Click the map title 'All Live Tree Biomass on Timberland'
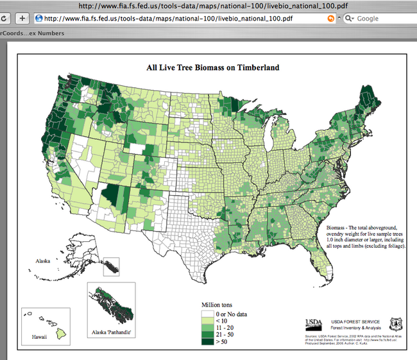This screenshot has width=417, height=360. pos(213,67)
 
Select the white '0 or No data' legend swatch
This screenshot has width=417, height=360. pos(208,314)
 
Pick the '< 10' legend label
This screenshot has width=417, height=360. pos(222,321)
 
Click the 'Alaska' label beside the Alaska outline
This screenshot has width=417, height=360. pos(43,261)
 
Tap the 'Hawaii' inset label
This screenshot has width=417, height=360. pos(39,336)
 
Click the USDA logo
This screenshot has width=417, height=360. pos(314,323)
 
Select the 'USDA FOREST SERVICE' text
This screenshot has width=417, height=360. pos(355,321)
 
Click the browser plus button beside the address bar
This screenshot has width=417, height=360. pos(21,19)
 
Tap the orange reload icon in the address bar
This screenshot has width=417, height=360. pos(331,19)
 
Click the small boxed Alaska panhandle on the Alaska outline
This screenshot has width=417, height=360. pos(112,266)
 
